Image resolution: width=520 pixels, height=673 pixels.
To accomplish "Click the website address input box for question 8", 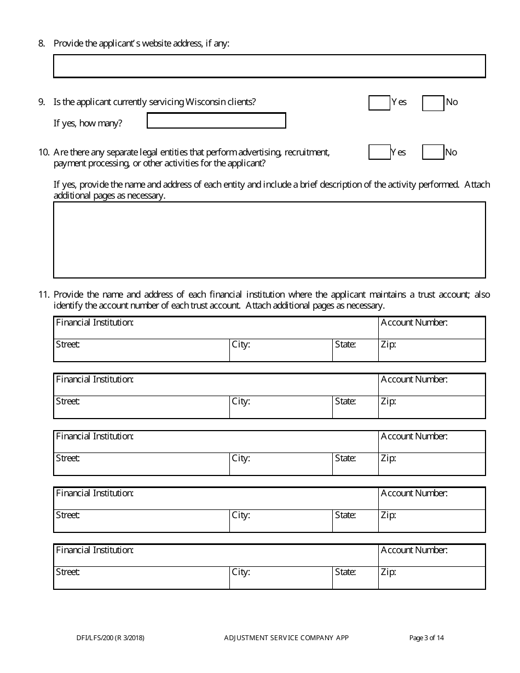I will coord(269,66).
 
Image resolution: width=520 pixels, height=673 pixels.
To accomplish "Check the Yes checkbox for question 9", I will coord(379,103).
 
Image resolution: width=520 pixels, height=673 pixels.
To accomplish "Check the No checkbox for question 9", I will coord(433,103).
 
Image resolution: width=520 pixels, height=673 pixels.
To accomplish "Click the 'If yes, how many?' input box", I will coord(216,120).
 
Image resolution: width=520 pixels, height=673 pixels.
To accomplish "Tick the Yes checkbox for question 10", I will coord(379,153).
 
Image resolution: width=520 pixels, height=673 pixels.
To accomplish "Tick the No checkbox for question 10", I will coord(433,153).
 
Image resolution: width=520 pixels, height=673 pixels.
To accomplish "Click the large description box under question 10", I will coord(269,240).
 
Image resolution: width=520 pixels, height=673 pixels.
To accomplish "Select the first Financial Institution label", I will coord(95,323).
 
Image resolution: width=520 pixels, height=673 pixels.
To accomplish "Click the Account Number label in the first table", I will coord(414,323).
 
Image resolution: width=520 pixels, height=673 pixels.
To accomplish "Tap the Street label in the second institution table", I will coord(68,402).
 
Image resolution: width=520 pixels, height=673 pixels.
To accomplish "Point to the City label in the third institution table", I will coord(241,459).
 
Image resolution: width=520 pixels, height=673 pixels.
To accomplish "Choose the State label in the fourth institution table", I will coord(345,515).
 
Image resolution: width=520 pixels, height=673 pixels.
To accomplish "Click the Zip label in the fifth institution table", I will coord(388,572).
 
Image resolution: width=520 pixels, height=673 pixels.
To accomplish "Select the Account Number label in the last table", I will coord(414,550).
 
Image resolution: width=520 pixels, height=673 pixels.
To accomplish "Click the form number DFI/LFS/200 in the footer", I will coord(111,637).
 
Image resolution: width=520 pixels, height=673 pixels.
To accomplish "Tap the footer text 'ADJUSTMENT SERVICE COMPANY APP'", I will coord(286,637).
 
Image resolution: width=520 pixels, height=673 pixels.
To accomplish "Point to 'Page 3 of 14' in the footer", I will coord(427,637).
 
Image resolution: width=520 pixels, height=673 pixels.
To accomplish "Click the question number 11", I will coord(44,294).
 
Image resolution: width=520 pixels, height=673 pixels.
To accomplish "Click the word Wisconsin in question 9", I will coord(204,102).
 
